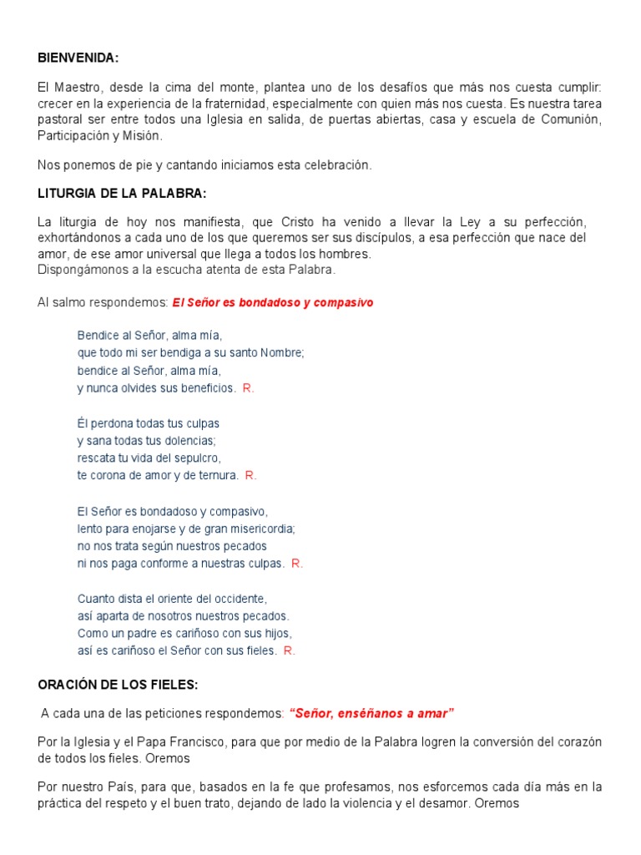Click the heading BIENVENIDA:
tap(78, 58)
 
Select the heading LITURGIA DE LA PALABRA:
tap(122, 193)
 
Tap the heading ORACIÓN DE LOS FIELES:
tap(118, 685)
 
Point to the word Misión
tap(143, 135)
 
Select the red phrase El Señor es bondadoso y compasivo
tap(273, 302)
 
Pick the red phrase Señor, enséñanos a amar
tap(371, 713)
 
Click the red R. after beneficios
tap(249, 388)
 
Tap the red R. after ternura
tap(250, 475)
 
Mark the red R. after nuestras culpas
tap(297, 563)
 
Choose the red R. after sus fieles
tap(290, 650)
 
